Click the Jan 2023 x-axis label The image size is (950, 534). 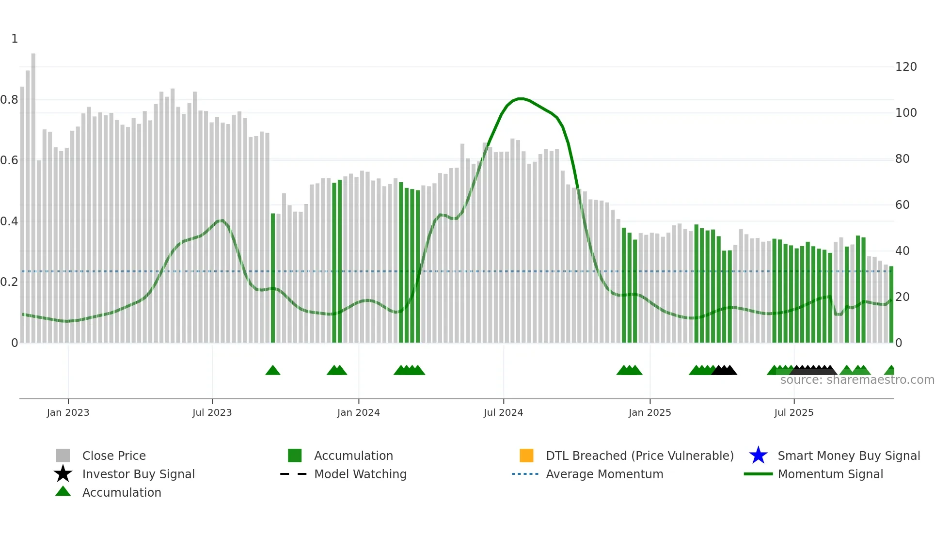(x=68, y=412)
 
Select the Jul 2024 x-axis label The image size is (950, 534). (x=503, y=412)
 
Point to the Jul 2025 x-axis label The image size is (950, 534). (x=793, y=412)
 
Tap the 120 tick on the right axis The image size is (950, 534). (x=905, y=67)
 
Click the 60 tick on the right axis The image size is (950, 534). (x=902, y=205)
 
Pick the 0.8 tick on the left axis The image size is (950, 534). (x=9, y=100)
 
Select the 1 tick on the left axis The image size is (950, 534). (x=15, y=39)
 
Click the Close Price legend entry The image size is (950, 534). (x=113, y=455)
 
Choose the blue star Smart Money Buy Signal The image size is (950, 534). (x=758, y=455)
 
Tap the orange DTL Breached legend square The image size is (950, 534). (x=526, y=455)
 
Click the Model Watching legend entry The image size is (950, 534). (x=360, y=474)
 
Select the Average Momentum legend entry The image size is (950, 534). (x=604, y=474)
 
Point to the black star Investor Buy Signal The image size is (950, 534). (x=63, y=474)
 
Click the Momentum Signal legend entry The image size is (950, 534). (x=830, y=474)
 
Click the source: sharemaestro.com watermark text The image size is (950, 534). (x=857, y=380)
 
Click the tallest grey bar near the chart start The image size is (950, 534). (x=33, y=194)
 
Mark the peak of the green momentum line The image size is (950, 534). (x=520, y=99)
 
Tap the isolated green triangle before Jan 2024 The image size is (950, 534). (x=273, y=371)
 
